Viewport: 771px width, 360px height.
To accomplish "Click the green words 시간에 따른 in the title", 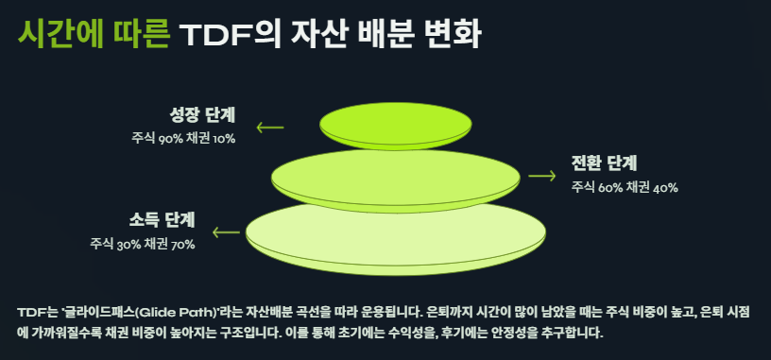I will [93, 35].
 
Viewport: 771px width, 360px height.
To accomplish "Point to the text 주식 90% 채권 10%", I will [183, 139].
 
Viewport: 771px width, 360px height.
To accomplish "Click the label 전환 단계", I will [604, 162].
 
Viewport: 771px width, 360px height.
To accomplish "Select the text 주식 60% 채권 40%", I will [625, 187].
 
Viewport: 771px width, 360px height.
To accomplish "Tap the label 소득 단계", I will [162, 220].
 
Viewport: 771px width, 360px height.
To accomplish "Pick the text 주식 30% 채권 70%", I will [143, 245].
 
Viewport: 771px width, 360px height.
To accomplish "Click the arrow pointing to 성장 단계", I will [270, 126].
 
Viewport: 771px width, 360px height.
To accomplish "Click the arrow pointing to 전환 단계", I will [541, 176].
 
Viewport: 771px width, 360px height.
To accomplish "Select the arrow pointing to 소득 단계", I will [226, 231].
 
